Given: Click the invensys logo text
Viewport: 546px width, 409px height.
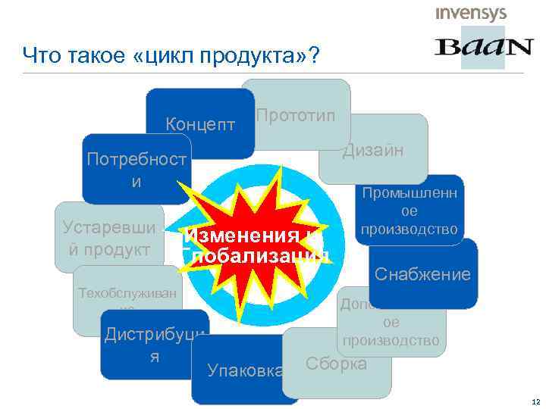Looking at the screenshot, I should (471, 13).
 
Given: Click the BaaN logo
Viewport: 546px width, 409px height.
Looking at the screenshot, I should (483, 48).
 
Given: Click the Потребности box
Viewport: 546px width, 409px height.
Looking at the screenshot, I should (136, 170).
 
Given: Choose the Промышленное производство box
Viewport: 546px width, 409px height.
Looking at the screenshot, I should (409, 211).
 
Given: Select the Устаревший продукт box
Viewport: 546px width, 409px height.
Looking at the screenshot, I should (110, 237).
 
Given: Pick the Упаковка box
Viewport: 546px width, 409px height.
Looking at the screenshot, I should (235, 371).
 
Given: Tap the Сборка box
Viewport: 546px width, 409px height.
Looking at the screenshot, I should (336, 364).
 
